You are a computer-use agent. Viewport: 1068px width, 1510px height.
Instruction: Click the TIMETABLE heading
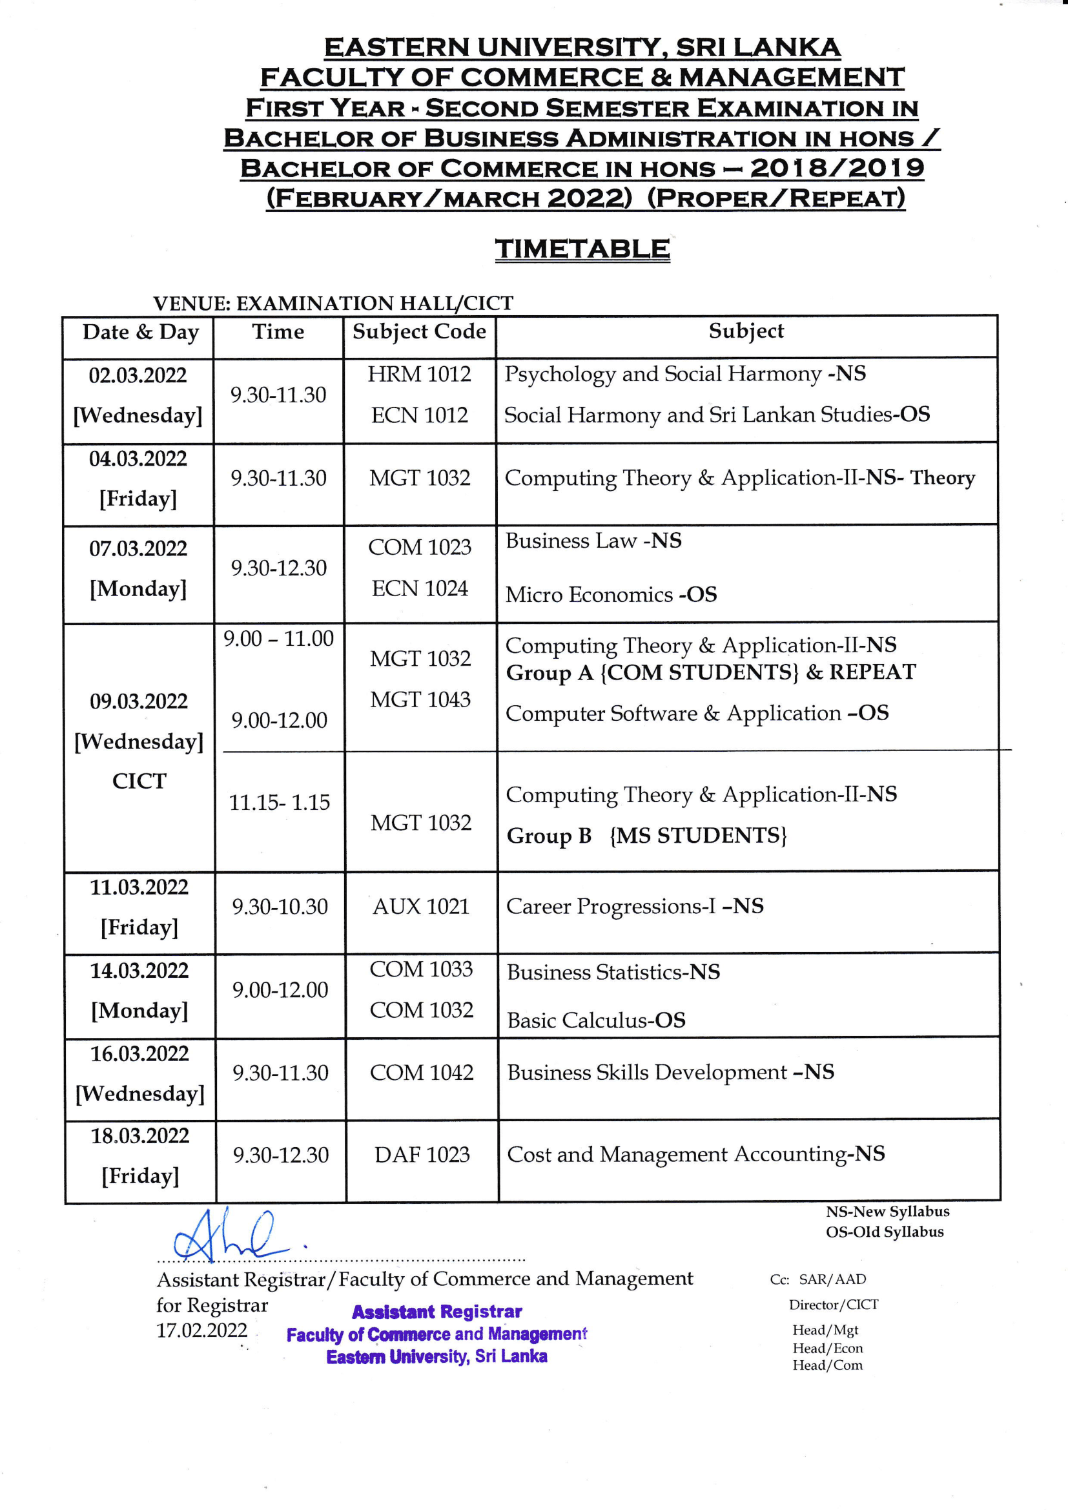(582, 249)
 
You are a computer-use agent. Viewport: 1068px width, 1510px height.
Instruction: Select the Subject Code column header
(419, 331)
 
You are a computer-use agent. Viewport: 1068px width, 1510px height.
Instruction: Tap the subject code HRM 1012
(419, 374)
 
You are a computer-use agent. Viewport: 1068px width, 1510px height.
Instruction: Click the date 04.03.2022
(138, 459)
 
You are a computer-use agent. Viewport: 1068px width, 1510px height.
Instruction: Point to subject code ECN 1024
(420, 588)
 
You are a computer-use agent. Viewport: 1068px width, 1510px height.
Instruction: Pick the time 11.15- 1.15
(279, 802)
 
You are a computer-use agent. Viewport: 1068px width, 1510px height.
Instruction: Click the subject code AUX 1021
(421, 906)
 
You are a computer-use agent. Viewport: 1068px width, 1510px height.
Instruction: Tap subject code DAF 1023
(422, 1154)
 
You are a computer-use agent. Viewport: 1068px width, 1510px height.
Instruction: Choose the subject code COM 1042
(422, 1072)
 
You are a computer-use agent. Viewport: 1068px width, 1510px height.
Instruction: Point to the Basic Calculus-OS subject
(596, 1020)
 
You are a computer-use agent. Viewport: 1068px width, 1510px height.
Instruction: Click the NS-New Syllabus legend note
(887, 1212)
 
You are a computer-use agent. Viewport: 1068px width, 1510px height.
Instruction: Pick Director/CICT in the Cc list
(833, 1305)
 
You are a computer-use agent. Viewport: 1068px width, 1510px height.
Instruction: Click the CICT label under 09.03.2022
(139, 781)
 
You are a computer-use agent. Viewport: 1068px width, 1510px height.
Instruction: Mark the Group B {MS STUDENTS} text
(646, 835)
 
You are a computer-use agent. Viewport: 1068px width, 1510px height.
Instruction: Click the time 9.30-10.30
(280, 906)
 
